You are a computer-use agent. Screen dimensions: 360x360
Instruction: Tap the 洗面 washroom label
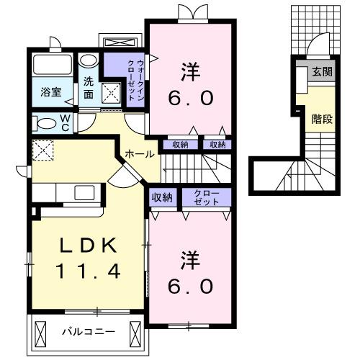(x=88, y=87)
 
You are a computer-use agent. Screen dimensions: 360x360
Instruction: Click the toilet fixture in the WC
(x=44, y=122)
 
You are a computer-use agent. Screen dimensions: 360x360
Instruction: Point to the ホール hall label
(x=138, y=154)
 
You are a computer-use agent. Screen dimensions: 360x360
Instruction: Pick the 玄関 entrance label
(x=320, y=72)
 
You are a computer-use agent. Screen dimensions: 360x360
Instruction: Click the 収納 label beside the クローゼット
(x=161, y=197)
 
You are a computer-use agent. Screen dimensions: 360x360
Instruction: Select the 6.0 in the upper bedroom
(x=190, y=99)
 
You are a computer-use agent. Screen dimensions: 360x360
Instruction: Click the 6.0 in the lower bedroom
(x=190, y=286)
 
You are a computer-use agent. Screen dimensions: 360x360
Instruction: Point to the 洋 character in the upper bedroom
(x=190, y=72)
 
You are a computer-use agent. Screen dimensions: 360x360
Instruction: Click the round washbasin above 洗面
(x=88, y=60)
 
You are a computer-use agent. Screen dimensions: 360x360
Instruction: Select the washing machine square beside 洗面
(x=112, y=93)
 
